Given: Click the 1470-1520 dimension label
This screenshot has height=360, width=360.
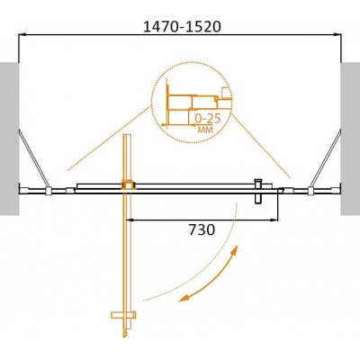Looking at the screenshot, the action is [x=182, y=27].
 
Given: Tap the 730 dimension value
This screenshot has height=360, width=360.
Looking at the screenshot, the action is [x=202, y=230].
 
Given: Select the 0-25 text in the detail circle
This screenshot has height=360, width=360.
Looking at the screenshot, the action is [x=207, y=119].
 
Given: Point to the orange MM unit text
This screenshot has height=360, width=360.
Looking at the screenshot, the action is [x=205, y=130].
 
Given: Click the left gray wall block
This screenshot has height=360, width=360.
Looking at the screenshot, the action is [x=10, y=139].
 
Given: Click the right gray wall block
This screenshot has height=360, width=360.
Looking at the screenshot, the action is [x=350, y=139].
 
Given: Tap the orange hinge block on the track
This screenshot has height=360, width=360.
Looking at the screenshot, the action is [x=129, y=185].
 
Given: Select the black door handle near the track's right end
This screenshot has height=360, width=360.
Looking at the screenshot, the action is [x=258, y=192].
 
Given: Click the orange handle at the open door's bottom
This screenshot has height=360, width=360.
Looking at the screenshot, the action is [x=123, y=315].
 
